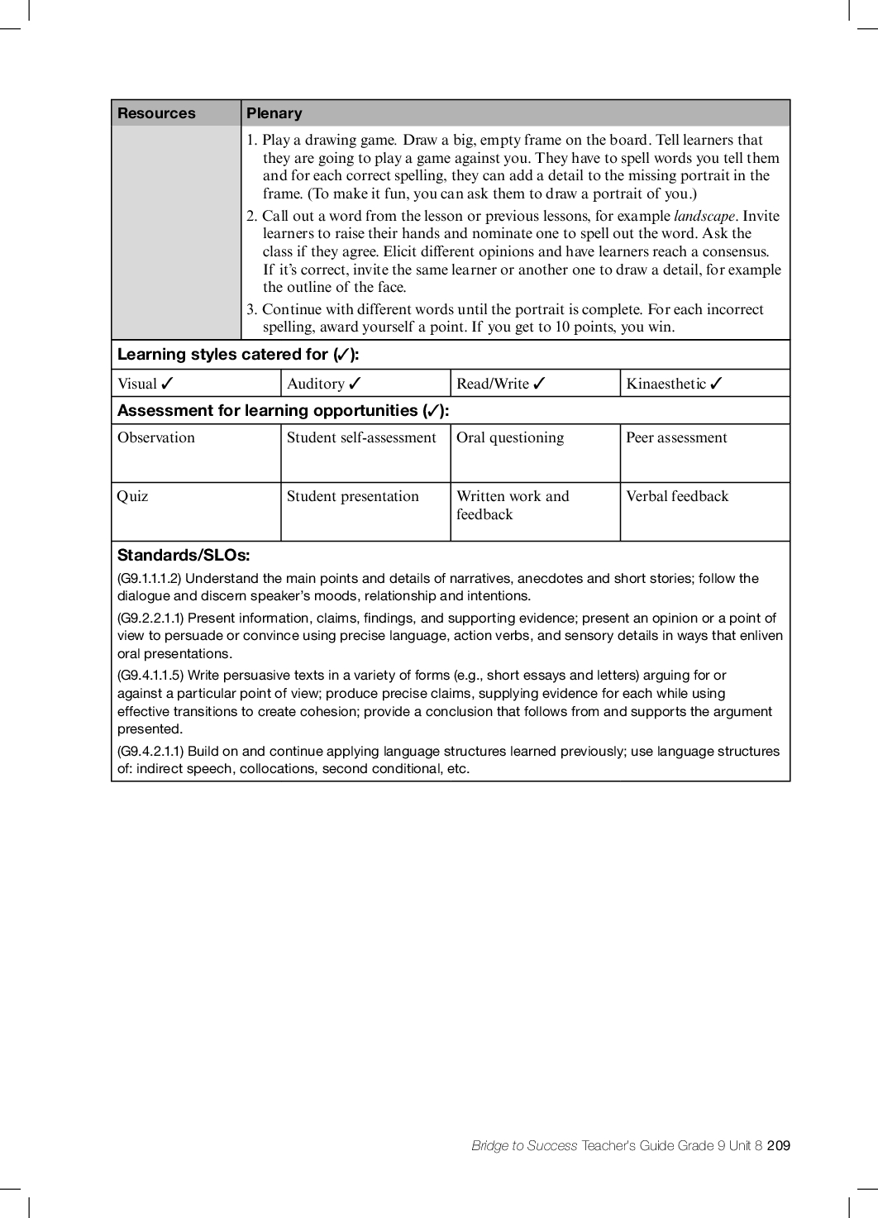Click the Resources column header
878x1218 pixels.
point(156,113)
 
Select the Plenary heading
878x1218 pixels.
point(274,113)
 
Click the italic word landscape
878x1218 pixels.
point(704,216)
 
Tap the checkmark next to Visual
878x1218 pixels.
point(167,384)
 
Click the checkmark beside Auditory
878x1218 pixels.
point(355,384)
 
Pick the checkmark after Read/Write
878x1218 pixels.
point(539,384)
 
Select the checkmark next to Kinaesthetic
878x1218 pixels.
point(716,384)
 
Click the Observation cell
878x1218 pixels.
point(156,437)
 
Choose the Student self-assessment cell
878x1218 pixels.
point(361,437)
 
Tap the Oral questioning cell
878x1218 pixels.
point(510,437)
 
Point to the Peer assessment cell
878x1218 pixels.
point(676,437)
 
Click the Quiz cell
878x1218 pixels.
point(132,496)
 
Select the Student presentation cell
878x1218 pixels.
point(353,496)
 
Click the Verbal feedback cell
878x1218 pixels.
point(677,496)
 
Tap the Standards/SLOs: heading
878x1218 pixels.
point(184,555)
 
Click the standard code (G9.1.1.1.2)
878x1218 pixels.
point(150,579)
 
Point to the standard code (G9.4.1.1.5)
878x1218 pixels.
point(150,676)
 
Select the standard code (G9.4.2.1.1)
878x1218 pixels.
point(150,752)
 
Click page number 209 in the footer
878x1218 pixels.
point(779,1145)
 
